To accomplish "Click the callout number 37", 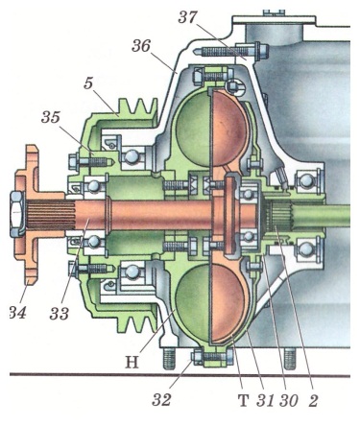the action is coord(187,17).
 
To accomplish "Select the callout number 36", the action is coord(141,46).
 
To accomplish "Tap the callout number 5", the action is coord(88,83).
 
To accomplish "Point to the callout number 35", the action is coord(51,117).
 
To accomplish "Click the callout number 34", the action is coord(17,312).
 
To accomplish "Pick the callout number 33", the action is coord(60,314).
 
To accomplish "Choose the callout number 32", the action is coord(161,399).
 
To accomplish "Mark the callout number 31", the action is coord(265,400).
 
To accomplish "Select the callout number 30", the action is coord(289,400).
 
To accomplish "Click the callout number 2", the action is coord(313,400).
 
